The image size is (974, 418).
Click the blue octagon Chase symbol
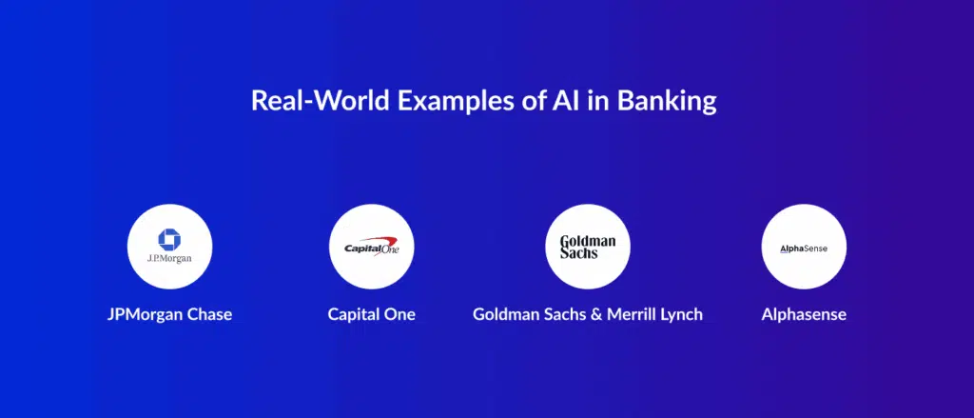169,240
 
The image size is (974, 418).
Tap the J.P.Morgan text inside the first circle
169,258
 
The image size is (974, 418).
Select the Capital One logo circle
372,247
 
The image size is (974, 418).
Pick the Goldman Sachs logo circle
588,247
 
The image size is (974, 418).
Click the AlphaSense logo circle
804,247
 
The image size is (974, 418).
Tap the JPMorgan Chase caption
169,314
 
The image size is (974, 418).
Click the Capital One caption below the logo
372,314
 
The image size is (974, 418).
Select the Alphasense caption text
804,314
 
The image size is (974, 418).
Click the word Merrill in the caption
632,314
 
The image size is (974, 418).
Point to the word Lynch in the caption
681,315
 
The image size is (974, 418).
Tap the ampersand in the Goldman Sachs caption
596,314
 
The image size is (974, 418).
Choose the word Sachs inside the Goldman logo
579,252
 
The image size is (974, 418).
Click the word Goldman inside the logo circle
588,241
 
